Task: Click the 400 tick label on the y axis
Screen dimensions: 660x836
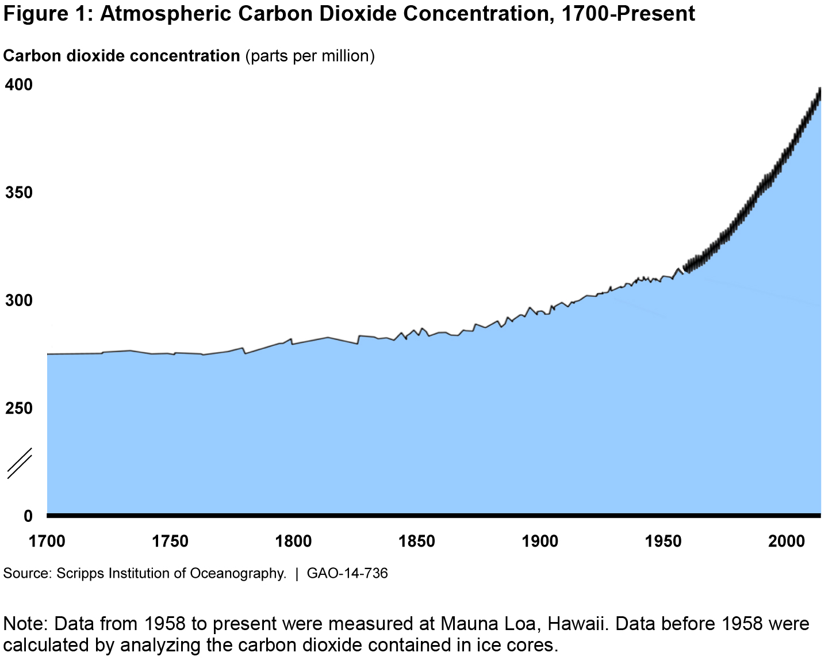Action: coord(18,85)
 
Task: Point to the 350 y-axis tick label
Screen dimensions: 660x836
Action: coord(18,192)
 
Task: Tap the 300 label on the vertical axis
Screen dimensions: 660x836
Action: coord(18,300)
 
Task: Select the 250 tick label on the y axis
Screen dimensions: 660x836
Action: coord(18,408)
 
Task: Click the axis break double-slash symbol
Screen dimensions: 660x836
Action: coord(19,463)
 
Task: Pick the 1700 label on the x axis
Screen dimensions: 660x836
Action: coord(47,541)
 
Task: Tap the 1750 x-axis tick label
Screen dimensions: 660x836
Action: coord(170,541)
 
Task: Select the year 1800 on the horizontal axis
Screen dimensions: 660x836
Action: coord(294,541)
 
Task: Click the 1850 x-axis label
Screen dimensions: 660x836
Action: coord(417,541)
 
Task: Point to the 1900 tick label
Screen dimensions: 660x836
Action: coord(540,541)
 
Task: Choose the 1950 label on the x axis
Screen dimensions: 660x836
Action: coord(664,541)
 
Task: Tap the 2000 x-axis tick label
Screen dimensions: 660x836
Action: coord(787,541)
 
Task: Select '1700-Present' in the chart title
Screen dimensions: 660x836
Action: coord(628,13)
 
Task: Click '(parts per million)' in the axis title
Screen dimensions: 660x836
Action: coord(310,56)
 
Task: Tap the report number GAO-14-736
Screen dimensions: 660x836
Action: coord(347,573)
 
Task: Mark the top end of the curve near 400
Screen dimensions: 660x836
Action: coord(819,90)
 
